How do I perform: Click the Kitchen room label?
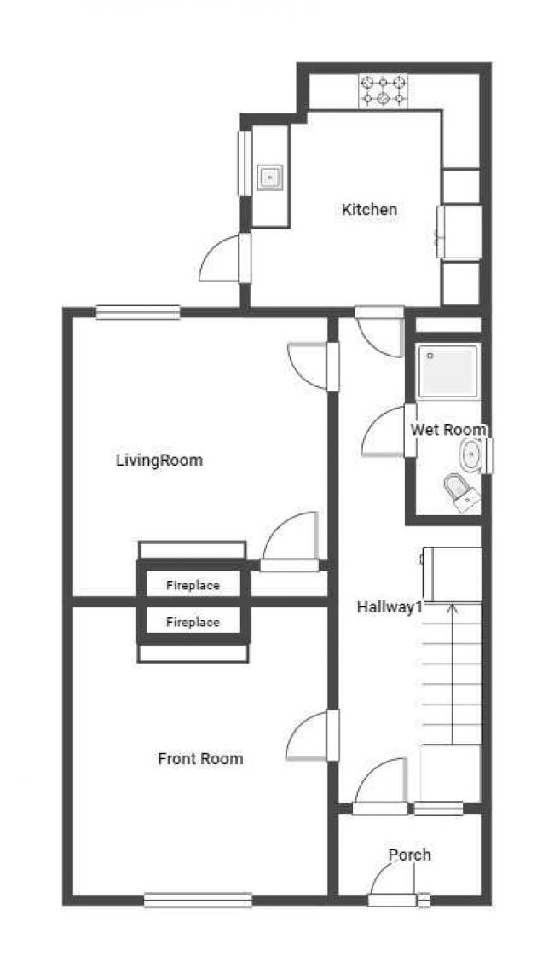coord(369,209)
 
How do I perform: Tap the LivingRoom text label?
coord(159,461)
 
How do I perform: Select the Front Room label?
coord(200,758)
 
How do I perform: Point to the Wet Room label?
coord(448,430)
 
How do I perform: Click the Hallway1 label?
coord(390,607)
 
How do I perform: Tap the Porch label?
coord(410,855)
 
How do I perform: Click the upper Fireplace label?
coord(193,586)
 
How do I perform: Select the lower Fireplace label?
coord(193,623)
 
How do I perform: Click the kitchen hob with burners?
coord(383,90)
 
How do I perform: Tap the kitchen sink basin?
coord(269,177)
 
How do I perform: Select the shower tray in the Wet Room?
coord(448,371)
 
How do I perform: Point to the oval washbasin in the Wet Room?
coord(471,455)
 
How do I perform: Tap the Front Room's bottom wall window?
coord(198,900)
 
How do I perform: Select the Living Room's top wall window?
coord(138,312)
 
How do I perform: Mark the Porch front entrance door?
coord(392,900)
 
